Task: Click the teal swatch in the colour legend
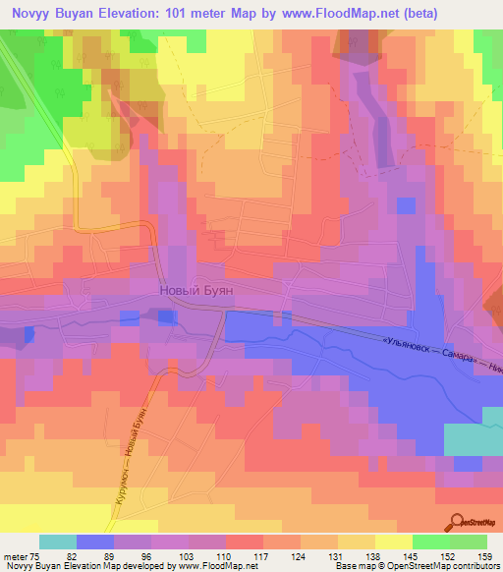click(58, 542)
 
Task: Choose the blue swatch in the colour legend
click(95, 542)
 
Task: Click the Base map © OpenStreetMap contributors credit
click(416, 567)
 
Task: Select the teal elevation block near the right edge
click(473, 439)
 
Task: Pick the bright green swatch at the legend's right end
click(469, 542)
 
